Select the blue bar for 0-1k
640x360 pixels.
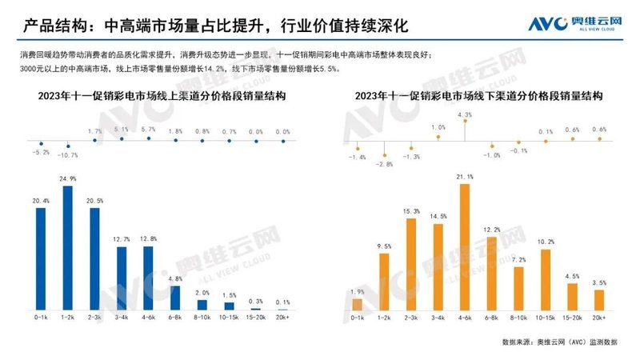[x=41, y=258]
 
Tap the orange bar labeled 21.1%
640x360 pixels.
[x=465, y=247]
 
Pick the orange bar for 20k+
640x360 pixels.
[x=598, y=300]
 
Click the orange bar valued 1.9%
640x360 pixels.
[x=358, y=304]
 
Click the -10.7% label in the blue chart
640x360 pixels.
[x=68, y=154]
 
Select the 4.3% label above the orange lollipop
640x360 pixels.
[x=465, y=115]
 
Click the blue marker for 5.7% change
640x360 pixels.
[x=149, y=139]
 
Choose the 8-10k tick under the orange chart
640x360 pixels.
[x=518, y=318]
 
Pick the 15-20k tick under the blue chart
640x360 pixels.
[x=257, y=318]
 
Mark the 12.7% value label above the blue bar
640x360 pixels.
[x=122, y=239]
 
